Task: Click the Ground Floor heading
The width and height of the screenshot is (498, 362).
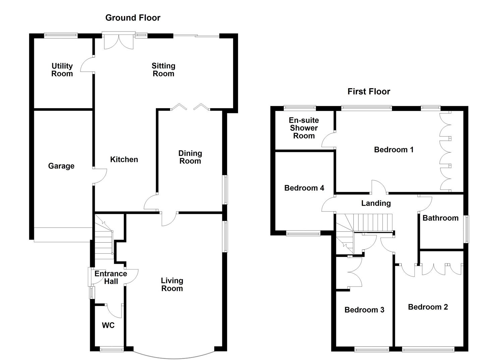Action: click(133, 18)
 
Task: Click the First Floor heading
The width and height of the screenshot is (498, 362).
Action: click(369, 92)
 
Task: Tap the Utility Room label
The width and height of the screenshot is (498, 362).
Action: click(62, 70)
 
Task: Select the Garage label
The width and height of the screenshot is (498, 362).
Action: click(61, 166)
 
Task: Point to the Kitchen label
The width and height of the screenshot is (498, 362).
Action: click(124, 160)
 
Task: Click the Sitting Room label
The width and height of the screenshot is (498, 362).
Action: click(163, 70)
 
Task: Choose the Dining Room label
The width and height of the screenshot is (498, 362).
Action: click(190, 157)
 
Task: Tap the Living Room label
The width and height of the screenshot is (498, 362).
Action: click(172, 285)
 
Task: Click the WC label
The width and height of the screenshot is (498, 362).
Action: click(108, 325)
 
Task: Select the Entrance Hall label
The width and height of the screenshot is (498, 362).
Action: click(111, 278)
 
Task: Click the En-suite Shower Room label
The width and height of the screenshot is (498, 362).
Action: click(303, 128)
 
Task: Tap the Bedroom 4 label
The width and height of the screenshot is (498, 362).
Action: click(304, 188)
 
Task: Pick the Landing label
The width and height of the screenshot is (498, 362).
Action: click(376, 203)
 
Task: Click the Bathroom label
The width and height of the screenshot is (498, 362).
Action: click(440, 218)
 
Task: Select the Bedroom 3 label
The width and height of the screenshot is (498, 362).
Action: click(364, 310)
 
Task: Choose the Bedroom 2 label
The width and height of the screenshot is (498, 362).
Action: click(428, 307)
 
